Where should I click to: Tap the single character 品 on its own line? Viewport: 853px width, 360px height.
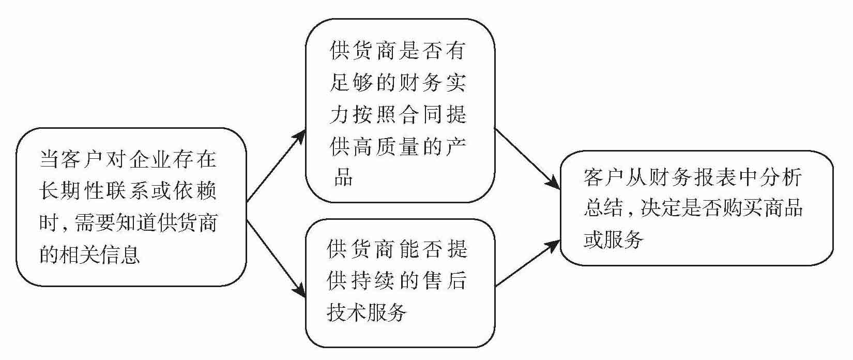pyautogui.click(x=342, y=178)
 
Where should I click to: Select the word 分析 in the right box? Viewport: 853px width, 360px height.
pyautogui.click(x=780, y=177)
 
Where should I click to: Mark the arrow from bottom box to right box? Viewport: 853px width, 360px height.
pyautogui.click(x=527, y=263)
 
